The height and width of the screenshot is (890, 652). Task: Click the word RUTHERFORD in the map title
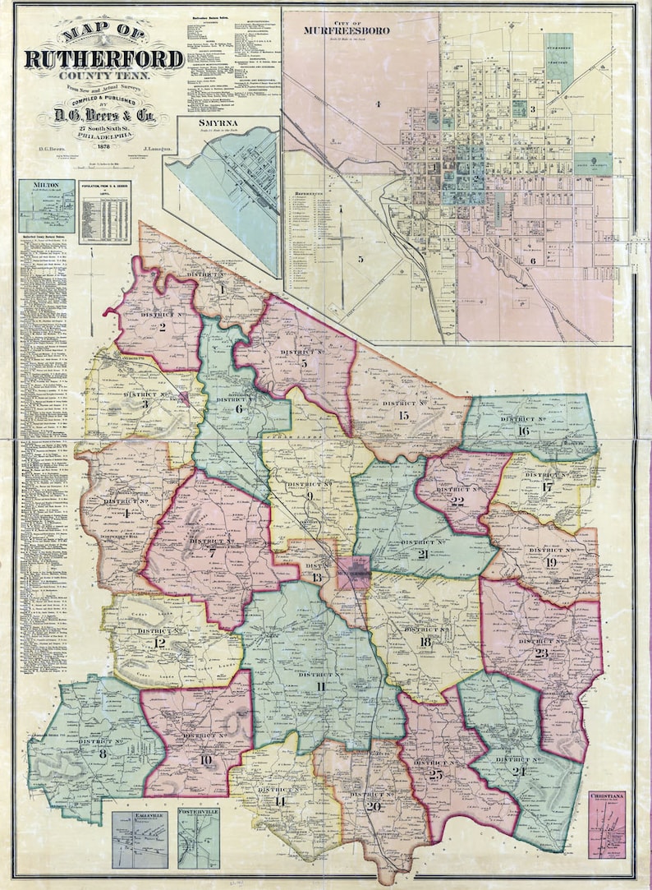(103, 58)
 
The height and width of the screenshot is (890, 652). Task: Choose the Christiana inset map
(607, 824)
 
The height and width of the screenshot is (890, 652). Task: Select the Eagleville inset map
(140, 839)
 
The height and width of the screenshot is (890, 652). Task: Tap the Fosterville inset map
(198, 838)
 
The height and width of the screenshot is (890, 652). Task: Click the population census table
(104, 212)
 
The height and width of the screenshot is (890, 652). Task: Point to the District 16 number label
(523, 431)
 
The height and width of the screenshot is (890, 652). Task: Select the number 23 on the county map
(540, 653)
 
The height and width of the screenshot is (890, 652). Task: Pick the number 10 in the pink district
(205, 760)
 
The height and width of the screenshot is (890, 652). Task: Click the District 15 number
(403, 416)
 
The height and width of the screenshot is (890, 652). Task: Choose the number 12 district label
(159, 643)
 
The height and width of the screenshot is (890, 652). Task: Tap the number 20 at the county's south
(374, 806)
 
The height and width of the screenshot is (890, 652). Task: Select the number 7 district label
(212, 553)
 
